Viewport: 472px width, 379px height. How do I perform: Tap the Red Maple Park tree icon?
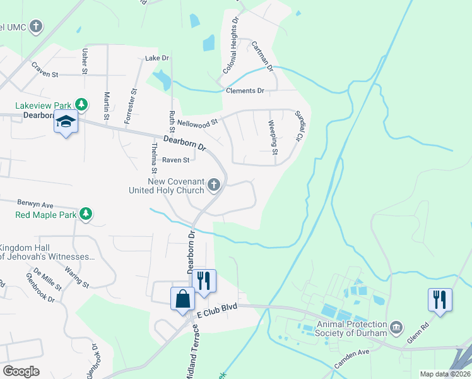click(86, 215)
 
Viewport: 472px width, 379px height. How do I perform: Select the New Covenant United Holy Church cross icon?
click(214, 185)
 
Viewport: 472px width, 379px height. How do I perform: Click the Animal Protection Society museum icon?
click(396, 327)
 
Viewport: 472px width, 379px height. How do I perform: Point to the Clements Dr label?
click(245, 91)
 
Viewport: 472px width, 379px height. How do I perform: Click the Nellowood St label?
click(198, 121)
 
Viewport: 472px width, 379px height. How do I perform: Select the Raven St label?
click(176, 160)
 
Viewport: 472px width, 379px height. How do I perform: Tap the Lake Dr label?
click(157, 58)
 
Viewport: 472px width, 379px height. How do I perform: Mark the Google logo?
click(21, 371)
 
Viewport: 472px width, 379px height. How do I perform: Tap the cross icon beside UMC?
click(37, 27)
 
